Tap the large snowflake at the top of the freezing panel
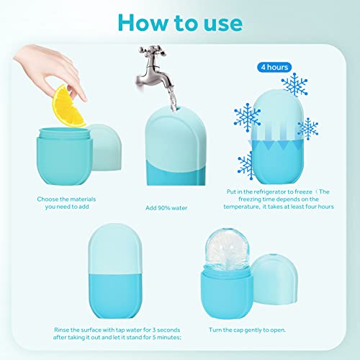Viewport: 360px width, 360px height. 295,85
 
